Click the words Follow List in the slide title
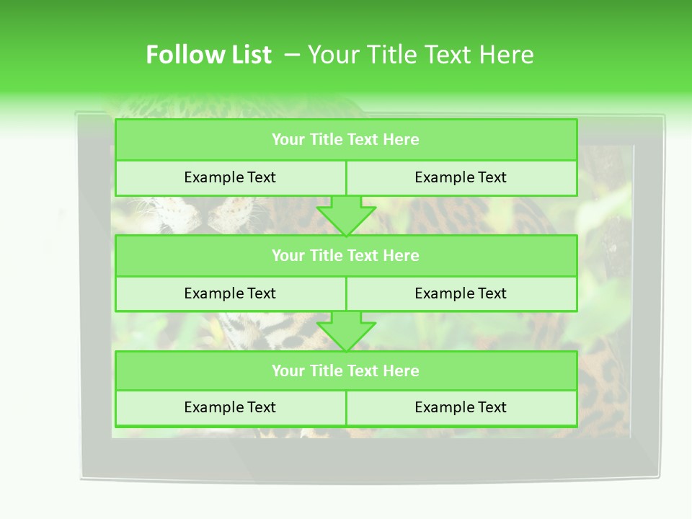click(208, 55)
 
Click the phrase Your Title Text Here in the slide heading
click(420, 55)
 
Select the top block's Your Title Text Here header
click(345, 140)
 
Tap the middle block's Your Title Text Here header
click(345, 255)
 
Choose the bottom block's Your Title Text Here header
click(345, 371)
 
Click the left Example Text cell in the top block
click(230, 177)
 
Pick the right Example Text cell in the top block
click(461, 177)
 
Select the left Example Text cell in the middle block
click(230, 293)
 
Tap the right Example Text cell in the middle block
click(461, 293)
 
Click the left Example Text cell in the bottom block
click(230, 407)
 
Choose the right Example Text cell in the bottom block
click(461, 407)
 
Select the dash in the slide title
click(292, 55)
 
